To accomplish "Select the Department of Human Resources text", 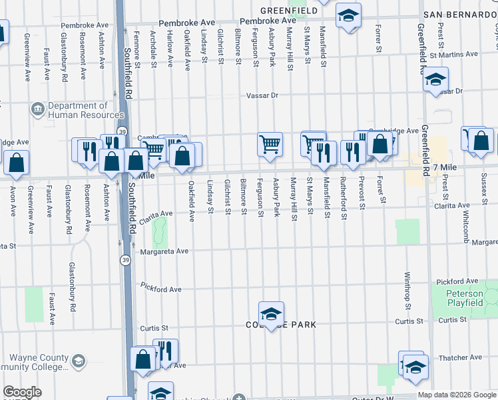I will [78, 110].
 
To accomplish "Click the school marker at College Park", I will [271, 314].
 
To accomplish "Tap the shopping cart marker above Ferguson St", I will [270, 143].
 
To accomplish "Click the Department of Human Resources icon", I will [38, 107].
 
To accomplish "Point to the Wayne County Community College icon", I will [78, 362].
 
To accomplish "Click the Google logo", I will [22, 393].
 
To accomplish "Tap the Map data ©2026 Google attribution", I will [457, 395].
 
